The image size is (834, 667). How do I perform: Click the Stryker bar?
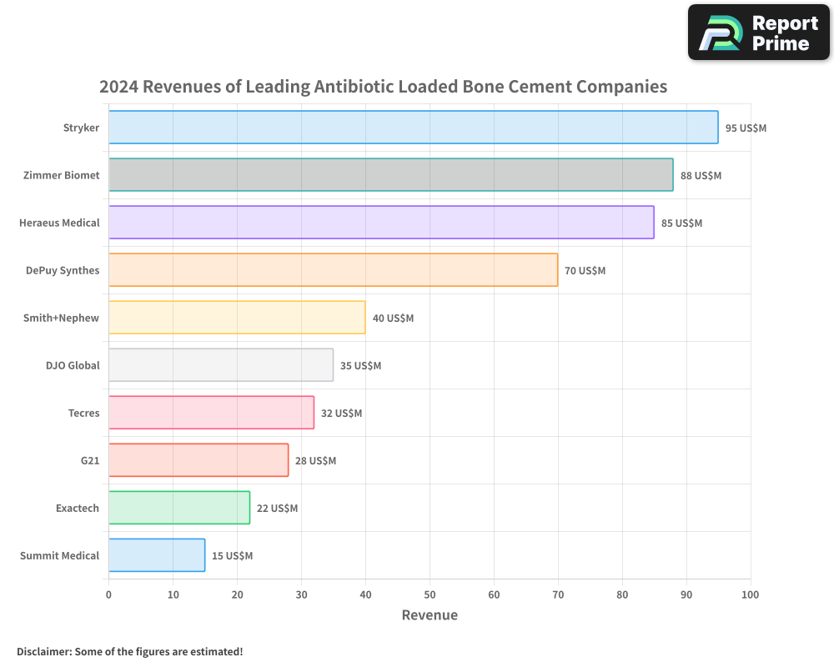413,128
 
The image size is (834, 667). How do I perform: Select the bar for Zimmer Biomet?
390,175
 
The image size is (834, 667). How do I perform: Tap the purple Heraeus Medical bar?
381,223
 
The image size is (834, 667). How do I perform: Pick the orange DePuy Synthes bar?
333,270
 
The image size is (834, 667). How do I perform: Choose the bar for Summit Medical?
157,555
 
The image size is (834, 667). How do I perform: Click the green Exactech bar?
179,508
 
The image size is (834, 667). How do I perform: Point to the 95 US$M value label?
746,128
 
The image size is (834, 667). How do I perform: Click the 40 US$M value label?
393,318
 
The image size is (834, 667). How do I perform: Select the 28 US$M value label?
315,461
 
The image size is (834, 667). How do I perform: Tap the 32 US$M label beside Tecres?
341,414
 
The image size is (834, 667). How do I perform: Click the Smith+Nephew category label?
62,318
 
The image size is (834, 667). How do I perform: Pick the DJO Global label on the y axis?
73,365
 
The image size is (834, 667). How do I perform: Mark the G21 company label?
90,460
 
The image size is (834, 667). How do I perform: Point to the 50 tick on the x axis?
430,594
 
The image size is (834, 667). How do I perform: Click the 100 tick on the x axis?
750,594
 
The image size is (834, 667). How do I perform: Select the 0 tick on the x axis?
108,594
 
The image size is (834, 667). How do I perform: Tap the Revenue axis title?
430,615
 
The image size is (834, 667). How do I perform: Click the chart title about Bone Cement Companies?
383,87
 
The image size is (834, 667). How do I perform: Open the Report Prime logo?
758,33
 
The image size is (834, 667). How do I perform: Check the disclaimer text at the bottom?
130,651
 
